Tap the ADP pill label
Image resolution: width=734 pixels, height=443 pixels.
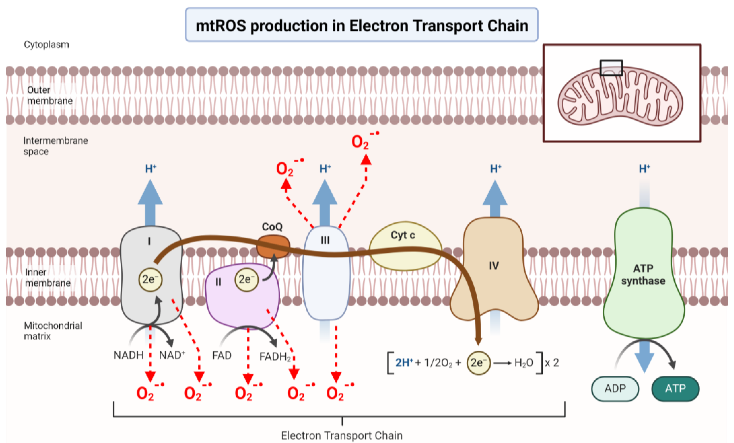click(615, 389)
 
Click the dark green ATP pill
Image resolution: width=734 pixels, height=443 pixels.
click(675, 389)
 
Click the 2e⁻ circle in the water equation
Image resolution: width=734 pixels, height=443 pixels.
click(478, 363)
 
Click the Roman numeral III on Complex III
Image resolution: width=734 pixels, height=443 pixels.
click(325, 240)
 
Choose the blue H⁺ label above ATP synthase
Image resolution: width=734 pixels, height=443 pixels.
click(644, 169)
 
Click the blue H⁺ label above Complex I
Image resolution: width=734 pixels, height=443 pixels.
click(151, 169)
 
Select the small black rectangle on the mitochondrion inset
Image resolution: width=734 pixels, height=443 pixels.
click(611, 68)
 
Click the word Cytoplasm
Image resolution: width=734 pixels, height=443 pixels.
click(46, 45)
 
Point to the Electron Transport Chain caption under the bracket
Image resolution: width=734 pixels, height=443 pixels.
click(342, 436)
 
